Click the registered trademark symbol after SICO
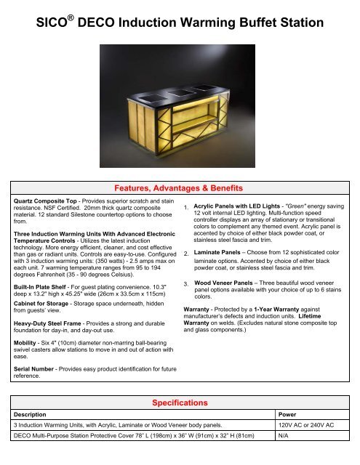pos(76,17)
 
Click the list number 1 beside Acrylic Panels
pos(186,211)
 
